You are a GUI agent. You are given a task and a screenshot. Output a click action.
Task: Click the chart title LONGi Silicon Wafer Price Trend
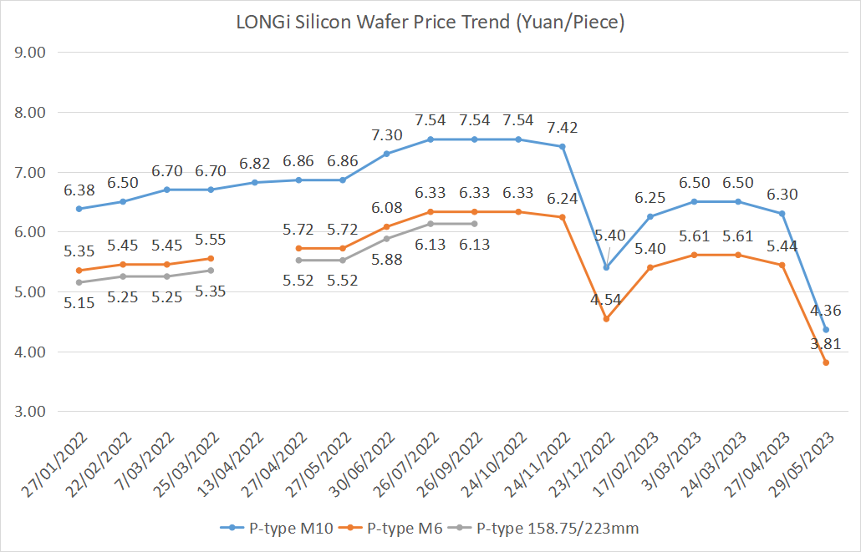click(x=430, y=23)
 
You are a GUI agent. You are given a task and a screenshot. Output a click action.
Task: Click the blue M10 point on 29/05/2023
click(x=826, y=330)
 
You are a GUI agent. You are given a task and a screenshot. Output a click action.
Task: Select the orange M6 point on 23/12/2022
click(x=606, y=319)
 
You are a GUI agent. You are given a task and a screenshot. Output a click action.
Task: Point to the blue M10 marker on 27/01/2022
click(x=79, y=209)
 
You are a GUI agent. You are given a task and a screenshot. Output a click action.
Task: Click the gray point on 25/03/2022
click(x=211, y=271)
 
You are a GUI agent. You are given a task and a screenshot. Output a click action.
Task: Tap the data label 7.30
click(x=386, y=134)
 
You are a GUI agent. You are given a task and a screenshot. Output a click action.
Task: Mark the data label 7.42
click(x=562, y=128)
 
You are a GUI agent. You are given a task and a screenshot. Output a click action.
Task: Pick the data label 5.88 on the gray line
click(x=386, y=260)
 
